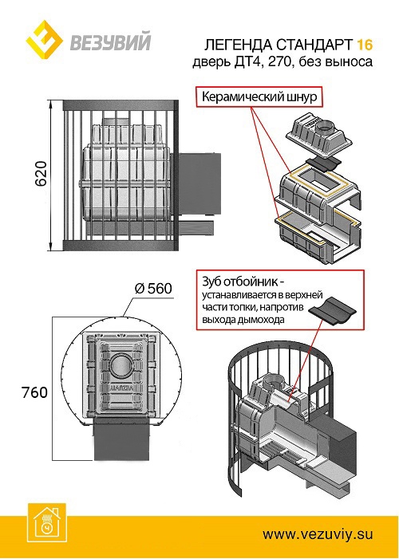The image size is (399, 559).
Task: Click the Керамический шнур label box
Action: point(259,98)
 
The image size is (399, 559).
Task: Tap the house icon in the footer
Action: point(46,520)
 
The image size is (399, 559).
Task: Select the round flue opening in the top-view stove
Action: point(121,365)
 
